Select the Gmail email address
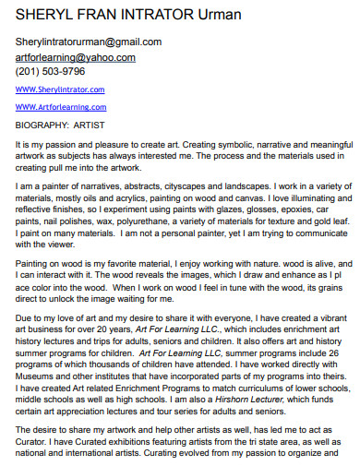coord(89,42)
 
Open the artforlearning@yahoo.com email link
coord(76,56)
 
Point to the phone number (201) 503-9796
coord(51,71)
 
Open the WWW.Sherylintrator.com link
coord(60,90)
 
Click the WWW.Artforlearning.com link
coord(60,106)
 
